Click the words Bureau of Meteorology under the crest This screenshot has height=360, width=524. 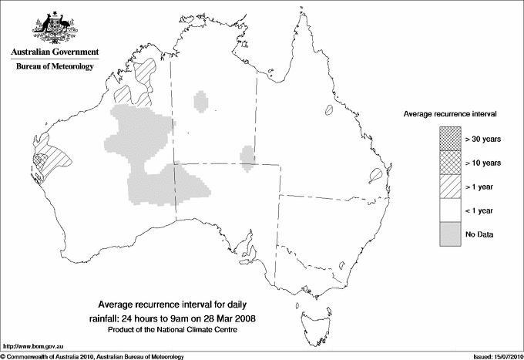[54, 67]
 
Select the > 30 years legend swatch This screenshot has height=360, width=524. [449, 139]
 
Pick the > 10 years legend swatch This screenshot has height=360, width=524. [449, 163]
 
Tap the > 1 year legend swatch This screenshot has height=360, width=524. [449, 187]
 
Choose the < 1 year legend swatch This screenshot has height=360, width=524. [449, 210]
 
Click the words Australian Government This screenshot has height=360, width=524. [54, 52]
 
